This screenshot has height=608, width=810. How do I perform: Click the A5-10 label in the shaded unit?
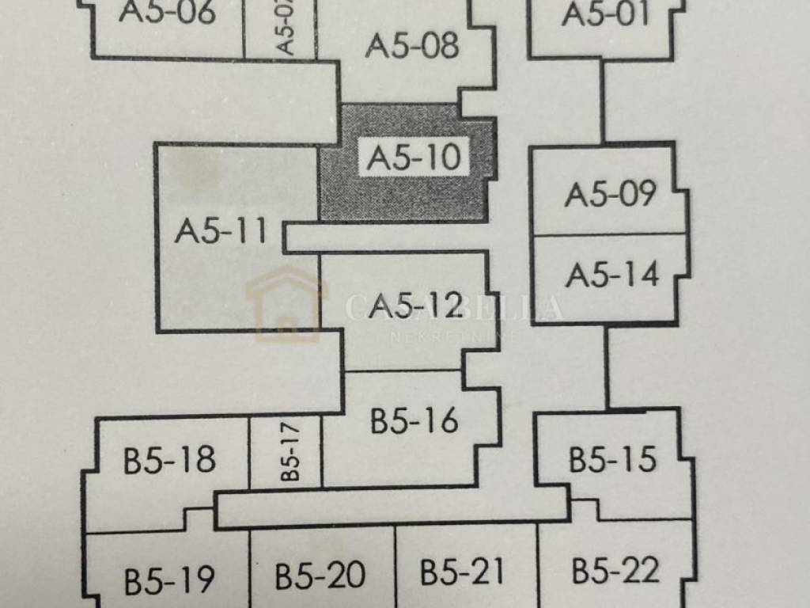pyautogui.click(x=414, y=158)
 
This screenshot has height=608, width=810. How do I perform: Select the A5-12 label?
pyautogui.click(x=415, y=305)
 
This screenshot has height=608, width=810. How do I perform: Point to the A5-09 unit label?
pyautogui.click(x=610, y=194)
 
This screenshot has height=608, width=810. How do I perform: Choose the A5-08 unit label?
pyautogui.click(x=412, y=46)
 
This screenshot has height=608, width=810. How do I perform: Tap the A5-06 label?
pyautogui.click(x=168, y=13)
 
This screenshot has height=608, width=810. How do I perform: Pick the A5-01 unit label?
pyautogui.click(x=605, y=13)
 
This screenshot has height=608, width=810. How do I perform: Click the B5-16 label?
pyautogui.click(x=414, y=421)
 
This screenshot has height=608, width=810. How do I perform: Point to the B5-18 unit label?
pyautogui.click(x=169, y=460)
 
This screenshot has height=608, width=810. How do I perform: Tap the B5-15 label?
pyautogui.click(x=613, y=459)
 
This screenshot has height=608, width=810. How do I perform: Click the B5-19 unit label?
pyautogui.click(x=169, y=580)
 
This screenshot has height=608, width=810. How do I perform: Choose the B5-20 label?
pyautogui.click(x=320, y=576)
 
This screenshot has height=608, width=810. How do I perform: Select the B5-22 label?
pyautogui.click(x=616, y=571)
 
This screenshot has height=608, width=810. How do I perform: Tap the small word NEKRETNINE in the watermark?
pyautogui.click(x=454, y=336)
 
